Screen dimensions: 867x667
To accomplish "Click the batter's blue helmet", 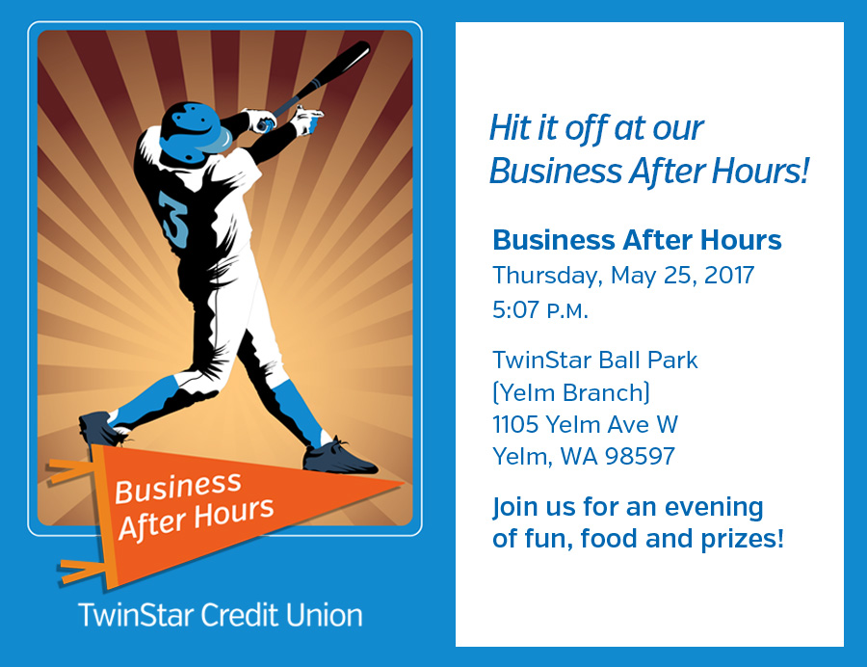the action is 195,133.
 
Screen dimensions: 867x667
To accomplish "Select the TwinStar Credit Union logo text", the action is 220,615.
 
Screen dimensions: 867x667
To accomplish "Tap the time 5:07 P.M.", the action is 540,309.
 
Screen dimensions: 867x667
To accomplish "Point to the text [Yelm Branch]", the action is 571,393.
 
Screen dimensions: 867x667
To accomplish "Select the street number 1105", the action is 515,425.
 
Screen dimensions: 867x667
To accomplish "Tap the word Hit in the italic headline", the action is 511,128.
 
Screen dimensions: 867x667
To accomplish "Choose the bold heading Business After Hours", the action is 637,240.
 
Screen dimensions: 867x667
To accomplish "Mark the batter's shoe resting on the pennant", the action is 339,457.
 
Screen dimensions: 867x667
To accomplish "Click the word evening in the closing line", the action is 714,508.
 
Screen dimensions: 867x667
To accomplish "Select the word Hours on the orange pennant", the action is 234,513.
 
